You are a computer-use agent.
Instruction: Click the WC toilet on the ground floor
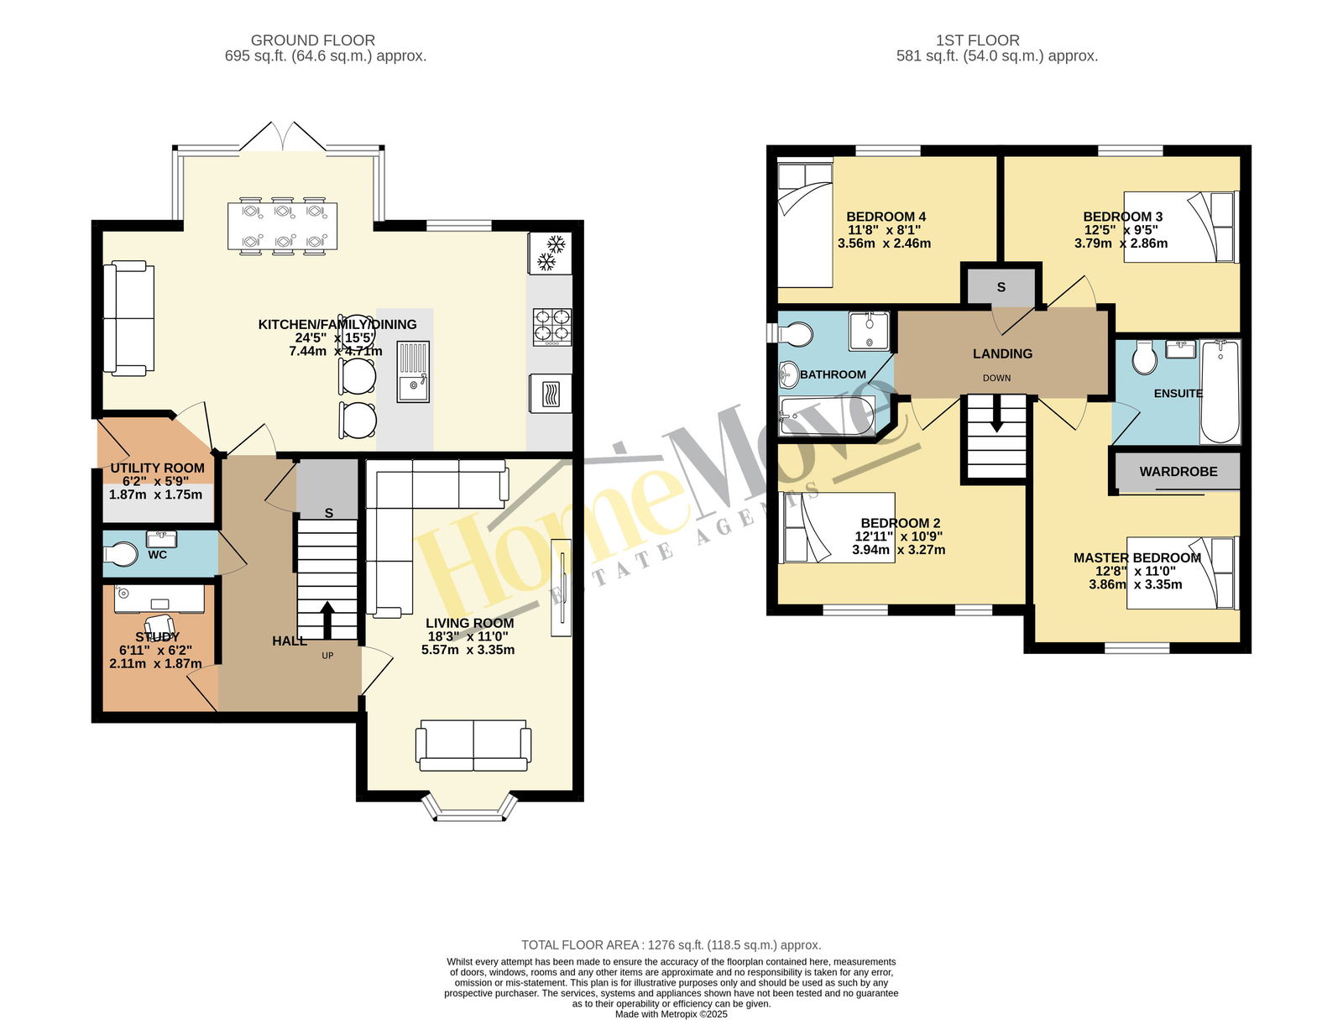pyautogui.click(x=120, y=555)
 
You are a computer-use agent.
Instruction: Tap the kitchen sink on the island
pyautogui.click(x=414, y=372)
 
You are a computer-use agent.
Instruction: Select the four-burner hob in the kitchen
pyautogui.click(x=551, y=327)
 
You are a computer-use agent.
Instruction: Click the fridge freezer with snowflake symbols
pyautogui.click(x=550, y=254)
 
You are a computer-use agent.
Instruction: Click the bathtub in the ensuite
pyautogui.click(x=1220, y=391)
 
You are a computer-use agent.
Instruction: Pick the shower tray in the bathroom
pyautogui.click(x=869, y=331)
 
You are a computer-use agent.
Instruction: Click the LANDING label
pyautogui.click(x=1002, y=353)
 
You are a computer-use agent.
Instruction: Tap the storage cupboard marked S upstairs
pyautogui.click(x=1001, y=286)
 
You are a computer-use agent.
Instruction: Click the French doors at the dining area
pyautogui.click(x=282, y=137)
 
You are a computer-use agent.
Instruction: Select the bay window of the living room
pyautogui.click(x=470, y=808)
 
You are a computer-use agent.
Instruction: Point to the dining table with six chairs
pyautogui.click(x=282, y=226)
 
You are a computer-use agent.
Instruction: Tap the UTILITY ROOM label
pyautogui.click(x=157, y=468)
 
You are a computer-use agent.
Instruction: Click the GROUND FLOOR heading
pyautogui.click(x=312, y=40)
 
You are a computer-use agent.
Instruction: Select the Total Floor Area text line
pyautogui.click(x=671, y=944)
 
